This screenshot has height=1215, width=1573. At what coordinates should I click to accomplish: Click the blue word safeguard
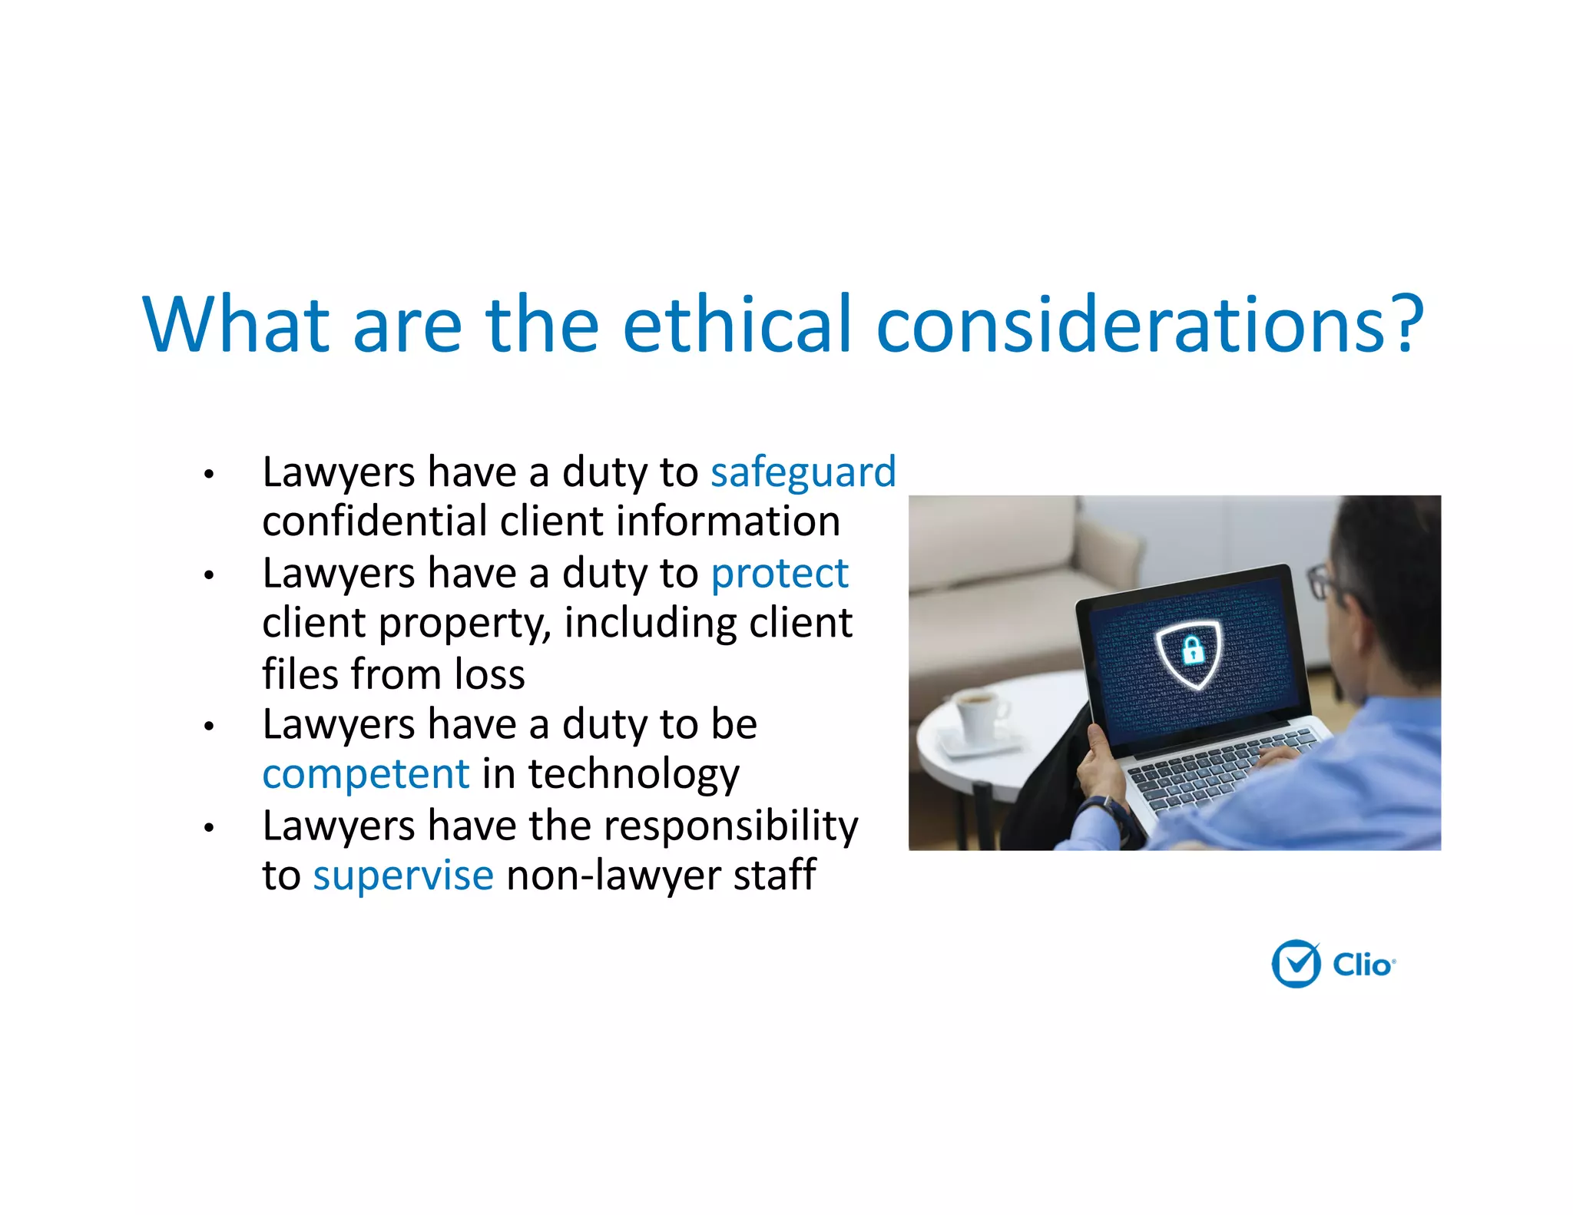click(x=803, y=472)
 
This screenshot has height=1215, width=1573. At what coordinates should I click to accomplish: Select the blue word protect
click(x=779, y=573)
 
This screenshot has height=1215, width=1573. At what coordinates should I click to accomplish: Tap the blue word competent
click(x=366, y=773)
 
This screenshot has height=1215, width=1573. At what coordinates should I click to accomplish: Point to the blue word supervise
click(x=402, y=875)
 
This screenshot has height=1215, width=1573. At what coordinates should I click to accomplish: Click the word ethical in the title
click(x=737, y=324)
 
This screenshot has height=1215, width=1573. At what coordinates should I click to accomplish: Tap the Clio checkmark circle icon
click(x=1296, y=963)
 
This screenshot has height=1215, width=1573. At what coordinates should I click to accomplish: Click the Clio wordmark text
click(x=1362, y=965)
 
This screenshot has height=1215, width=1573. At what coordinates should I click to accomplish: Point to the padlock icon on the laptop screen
click(x=1192, y=651)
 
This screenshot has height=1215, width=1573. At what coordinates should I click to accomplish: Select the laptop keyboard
click(x=1221, y=768)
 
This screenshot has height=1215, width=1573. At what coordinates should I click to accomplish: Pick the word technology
click(x=633, y=773)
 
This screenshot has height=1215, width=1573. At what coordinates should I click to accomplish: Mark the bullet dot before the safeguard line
click(x=208, y=474)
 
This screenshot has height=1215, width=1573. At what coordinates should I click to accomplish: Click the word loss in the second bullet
click(x=489, y=674)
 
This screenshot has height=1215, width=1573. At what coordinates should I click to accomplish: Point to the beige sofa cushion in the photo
click(x=998, y=545)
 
